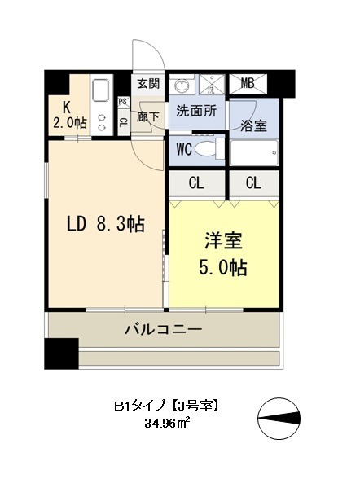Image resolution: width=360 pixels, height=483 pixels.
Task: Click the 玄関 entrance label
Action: [148, 83]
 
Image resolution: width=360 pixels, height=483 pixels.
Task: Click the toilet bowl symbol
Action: [209, 149]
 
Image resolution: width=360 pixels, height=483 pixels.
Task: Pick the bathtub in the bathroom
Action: [254, 153]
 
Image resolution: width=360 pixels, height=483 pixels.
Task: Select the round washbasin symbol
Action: [182, 84]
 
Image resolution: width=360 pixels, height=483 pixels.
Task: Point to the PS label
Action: [122, 102]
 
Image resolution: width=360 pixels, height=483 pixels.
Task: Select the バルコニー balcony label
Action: [163, 330]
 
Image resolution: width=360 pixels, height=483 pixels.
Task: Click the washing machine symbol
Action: [214, 84]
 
